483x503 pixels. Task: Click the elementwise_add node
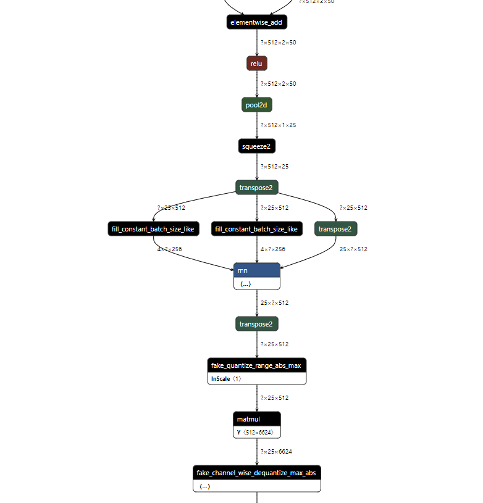[256, 22]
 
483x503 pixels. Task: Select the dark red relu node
[256, 64]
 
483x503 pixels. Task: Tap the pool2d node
[256, 105]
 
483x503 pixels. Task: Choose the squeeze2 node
[256, 146]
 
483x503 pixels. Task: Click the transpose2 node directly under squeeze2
[256, 188]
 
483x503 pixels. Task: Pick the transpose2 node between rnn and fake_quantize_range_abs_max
[256, 324]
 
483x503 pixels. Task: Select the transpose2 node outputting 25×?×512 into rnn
[335, 229]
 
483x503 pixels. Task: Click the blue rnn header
[256, 270]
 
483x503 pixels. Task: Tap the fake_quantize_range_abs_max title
[256, 365]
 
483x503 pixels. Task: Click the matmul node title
[256, 419]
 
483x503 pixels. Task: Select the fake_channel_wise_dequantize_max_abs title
[256, 473]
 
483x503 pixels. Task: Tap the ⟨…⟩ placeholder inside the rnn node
[245, 283]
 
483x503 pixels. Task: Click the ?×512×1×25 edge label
[278, 125]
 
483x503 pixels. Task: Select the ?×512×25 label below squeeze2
[274, 167]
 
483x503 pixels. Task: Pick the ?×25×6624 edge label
[276, 452]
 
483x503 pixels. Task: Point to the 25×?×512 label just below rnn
[274, 303]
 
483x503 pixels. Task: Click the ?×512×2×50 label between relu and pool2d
[278, 84]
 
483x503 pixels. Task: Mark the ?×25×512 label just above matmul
[274, 398]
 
